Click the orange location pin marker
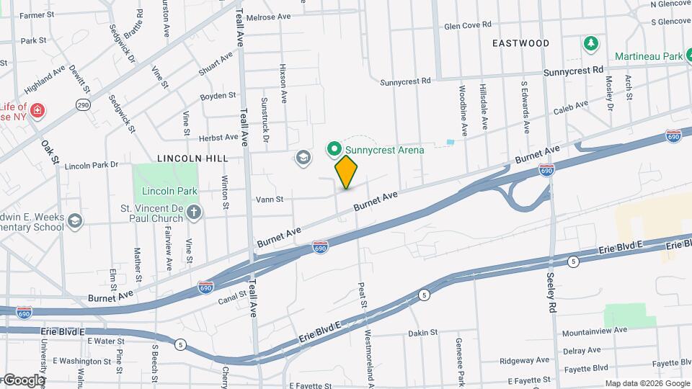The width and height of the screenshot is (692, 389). (x=346, y=171)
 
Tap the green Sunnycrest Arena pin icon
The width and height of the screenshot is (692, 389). (x=334, y=150)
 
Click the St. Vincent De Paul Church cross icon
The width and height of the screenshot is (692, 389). (x=193, y=212)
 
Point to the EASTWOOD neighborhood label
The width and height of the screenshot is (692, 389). (x=520, y=43)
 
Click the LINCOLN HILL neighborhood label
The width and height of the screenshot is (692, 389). (x=192, y=158)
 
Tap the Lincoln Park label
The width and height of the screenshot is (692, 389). (x=169, y=192)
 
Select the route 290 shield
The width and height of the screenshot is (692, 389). (x=84, y=105)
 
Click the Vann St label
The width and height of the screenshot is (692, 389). (x=269, y=200)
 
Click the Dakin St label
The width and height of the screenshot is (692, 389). (x=422, y=333)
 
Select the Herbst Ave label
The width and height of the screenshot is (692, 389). (x=218, y=137)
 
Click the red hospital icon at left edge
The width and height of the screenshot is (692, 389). (x=37, y=112)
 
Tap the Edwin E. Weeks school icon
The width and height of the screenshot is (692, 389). (x=75, y=220)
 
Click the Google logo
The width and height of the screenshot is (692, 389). (x=23, y=380)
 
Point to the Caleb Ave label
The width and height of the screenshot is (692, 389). (x=571, y=108)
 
